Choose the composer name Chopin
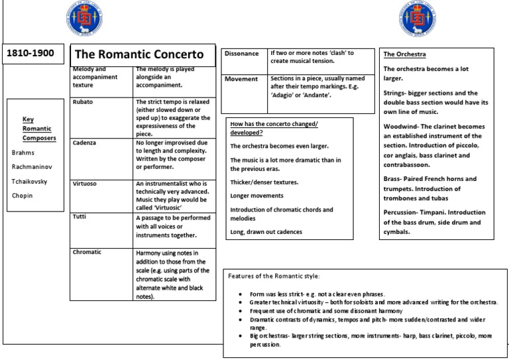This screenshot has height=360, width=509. tap(23, 196)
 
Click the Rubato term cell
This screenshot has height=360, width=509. tap(84, 102)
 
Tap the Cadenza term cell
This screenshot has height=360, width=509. tap(85, 143)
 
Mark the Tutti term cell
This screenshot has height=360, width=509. tap(80, 217)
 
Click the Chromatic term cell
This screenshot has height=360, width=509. tap(88, 252)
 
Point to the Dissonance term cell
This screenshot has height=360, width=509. tap(243, 54)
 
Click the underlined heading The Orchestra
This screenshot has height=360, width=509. tap(404, 54)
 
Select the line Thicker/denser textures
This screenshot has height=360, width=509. tap(264, 181)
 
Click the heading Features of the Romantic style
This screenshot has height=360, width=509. tap(274, 275)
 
